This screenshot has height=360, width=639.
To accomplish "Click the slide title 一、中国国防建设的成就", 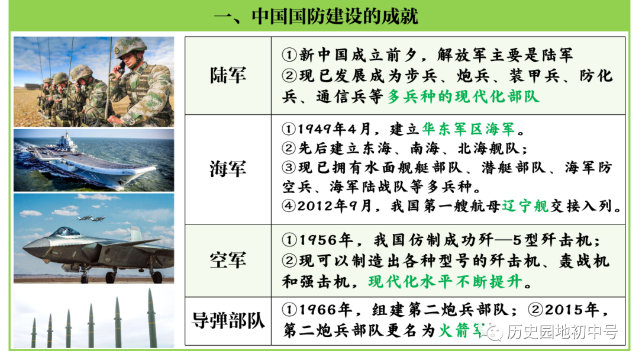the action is click(316, 17).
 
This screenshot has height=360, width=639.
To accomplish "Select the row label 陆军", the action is click(228, 75).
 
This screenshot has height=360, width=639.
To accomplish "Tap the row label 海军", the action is click(228, 169).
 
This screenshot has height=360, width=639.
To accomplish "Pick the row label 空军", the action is click(228, 260).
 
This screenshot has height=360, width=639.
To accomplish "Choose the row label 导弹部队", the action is click(228, 320).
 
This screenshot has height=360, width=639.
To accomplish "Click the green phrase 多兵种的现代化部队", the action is click(463, 97).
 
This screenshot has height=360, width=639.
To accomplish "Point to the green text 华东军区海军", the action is click(469, 129).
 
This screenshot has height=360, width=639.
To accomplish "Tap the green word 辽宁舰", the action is click(525, 206).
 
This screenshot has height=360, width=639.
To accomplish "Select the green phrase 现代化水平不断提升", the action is click(445, 282).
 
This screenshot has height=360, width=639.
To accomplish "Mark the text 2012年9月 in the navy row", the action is click(334, 206).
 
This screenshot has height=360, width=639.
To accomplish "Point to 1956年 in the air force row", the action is click(326, 240).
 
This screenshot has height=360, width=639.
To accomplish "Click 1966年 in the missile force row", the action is click(325, 310).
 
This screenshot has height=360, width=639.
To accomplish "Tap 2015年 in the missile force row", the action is click(572, 310).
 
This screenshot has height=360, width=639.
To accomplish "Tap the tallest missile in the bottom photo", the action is click(151, 317).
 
